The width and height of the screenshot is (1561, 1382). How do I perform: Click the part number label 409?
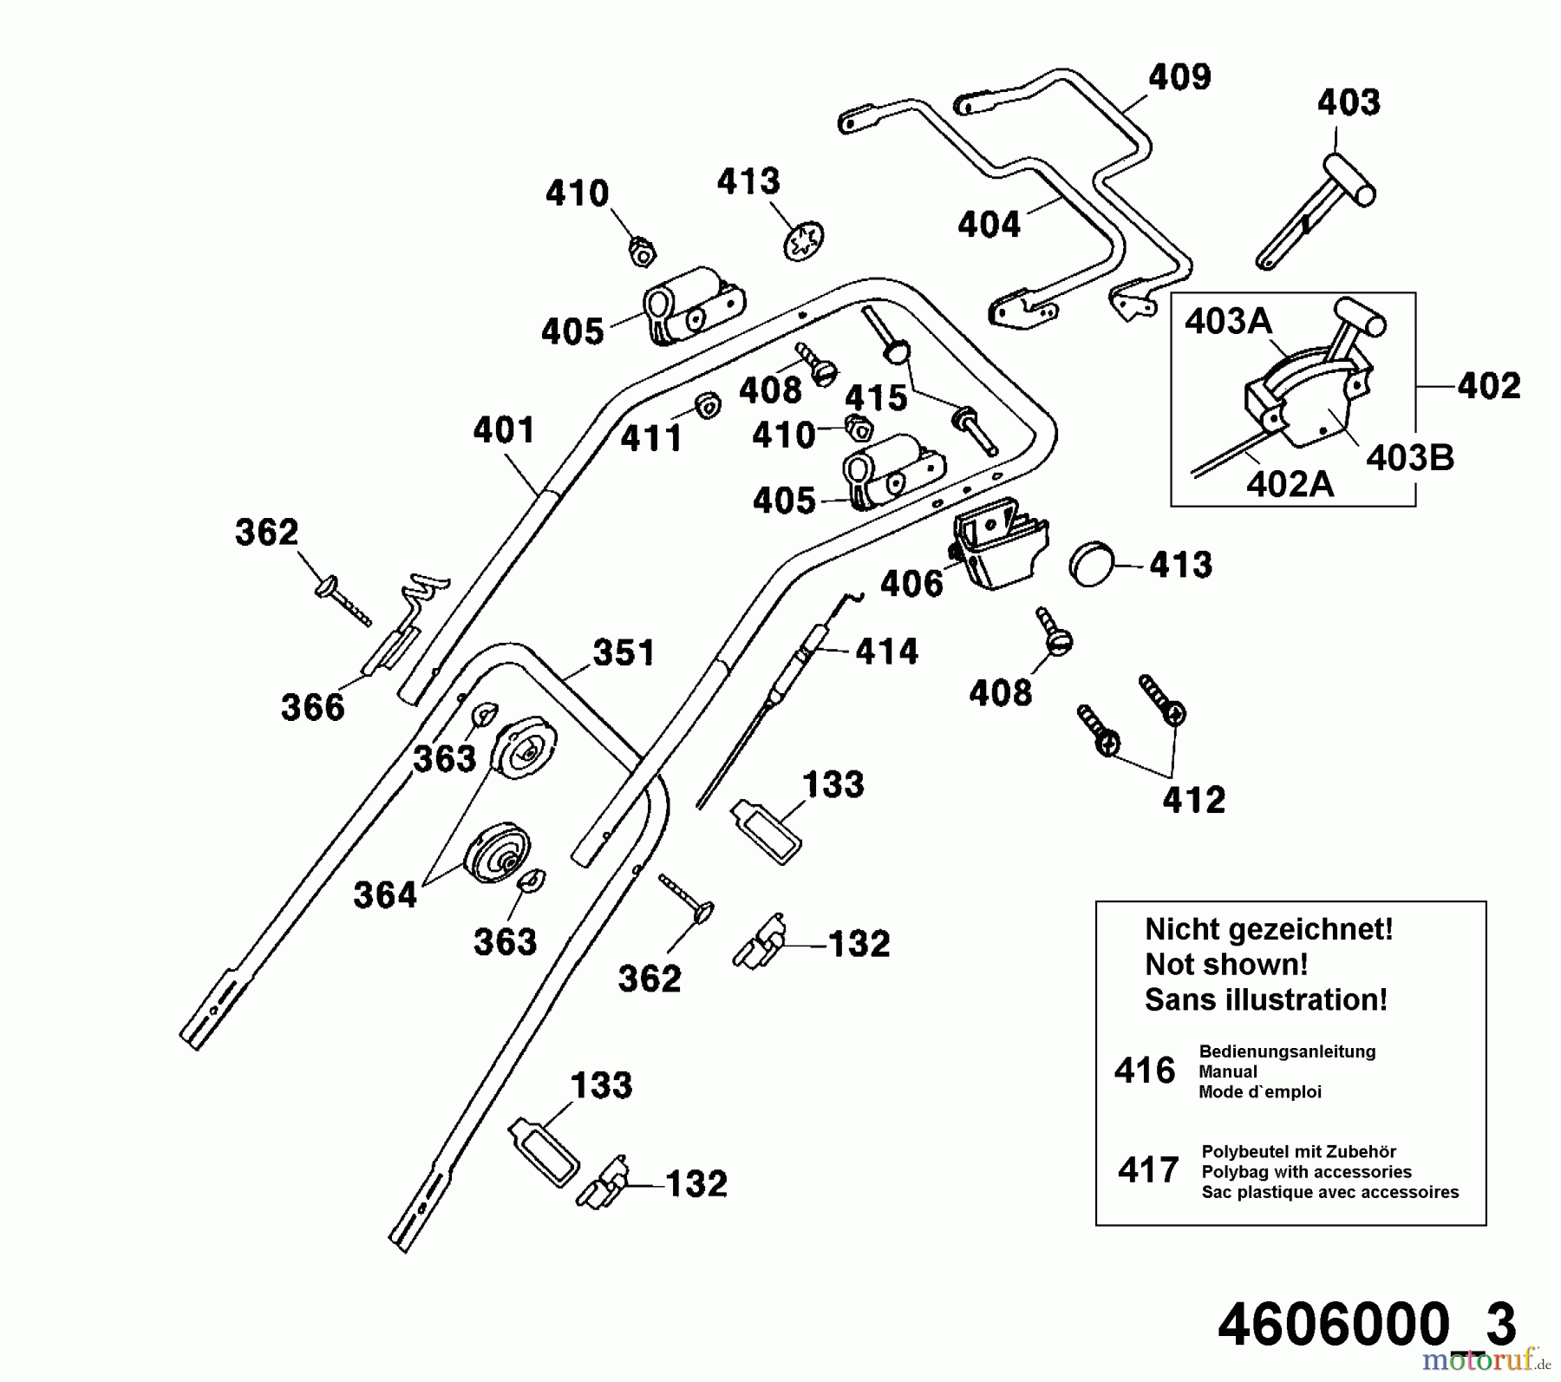point(1179,77)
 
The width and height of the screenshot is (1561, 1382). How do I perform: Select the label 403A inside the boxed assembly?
point(1228,323)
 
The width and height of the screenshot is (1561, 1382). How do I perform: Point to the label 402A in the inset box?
point(1290,484)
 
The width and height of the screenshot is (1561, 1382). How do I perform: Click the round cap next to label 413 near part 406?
point(1094,565)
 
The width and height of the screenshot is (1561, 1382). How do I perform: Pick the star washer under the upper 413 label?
point(803,240)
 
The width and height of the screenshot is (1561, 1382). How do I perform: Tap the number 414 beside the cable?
point(886,652)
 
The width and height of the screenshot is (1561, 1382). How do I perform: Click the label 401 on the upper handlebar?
point(504,430)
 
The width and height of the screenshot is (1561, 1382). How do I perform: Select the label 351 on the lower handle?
point(624,653)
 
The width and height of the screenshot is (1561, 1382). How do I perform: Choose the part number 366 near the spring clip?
point(312,708)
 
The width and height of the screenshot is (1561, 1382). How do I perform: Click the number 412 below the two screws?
point(1193,800)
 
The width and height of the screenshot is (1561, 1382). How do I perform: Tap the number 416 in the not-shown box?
point(1145,1071)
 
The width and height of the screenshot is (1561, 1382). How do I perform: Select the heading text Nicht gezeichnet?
point(1269,929)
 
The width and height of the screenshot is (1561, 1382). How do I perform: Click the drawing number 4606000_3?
point(1367,1325)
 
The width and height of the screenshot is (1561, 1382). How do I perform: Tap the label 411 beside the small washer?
point(651,439)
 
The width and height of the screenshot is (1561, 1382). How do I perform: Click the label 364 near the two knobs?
point(385,895)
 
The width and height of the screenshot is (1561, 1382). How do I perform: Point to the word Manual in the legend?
point(1228,1071)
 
